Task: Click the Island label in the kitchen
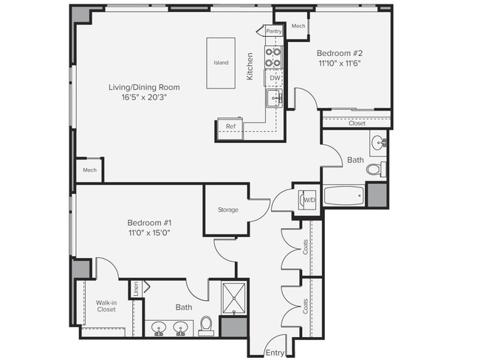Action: tap(221, 63)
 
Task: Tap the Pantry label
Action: tap(274, 31)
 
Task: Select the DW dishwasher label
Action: tap(274, 77)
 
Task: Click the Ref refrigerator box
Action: tap(230, 127)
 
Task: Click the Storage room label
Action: tap(227, 210)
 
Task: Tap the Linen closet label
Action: tap(137, 288)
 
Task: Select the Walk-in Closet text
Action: tap(107, 305)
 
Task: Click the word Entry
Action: tap(274, 353)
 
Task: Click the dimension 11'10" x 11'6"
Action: tap(340, 64)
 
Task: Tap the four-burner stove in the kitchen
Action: tap(274, 58)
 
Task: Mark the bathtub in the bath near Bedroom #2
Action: tap(344, 196)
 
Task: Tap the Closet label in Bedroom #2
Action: tap(357, 123)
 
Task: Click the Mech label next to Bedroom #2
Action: tap(298, 26)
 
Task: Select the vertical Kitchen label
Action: tap(250, 66)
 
